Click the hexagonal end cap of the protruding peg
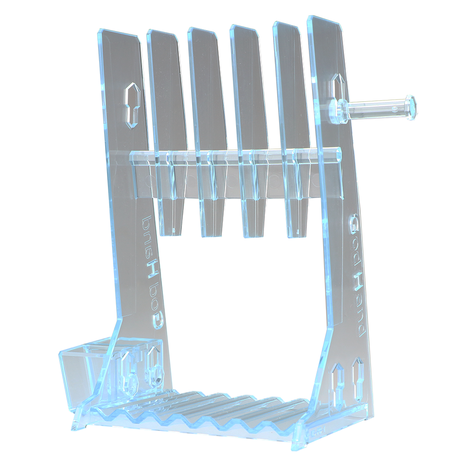click(x=410, y=107)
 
